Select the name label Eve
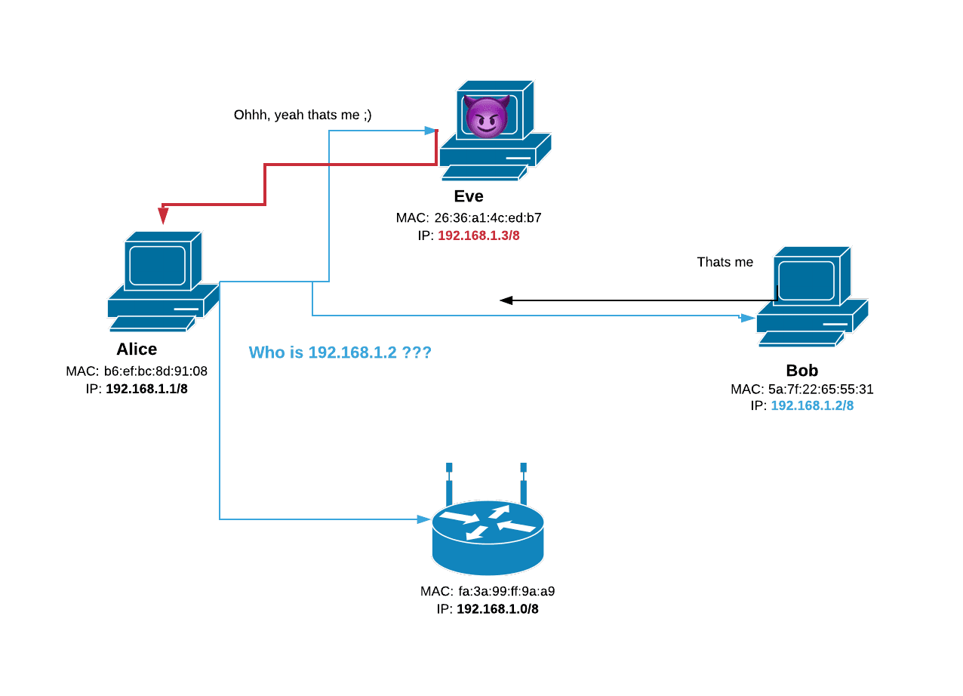click(x=469, y=197)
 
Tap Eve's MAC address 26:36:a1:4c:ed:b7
click(x=486, y=218)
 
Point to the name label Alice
click(x=137, y=350)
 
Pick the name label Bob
click(x=801, y=371)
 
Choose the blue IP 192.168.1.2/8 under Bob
click(x=812, y=406)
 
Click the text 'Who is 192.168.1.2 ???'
click(x=340, y=353)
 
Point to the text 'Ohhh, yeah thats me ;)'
click(x=303, y=115)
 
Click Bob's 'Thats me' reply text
click(x=725, y=263)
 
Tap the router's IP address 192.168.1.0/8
click(x=497, y=609)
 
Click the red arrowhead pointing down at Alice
click(x=163, y=217)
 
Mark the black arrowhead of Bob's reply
click(x=506, y=300)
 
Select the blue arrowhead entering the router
click(x=425, y=519)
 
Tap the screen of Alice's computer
click(x=158, y=265)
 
